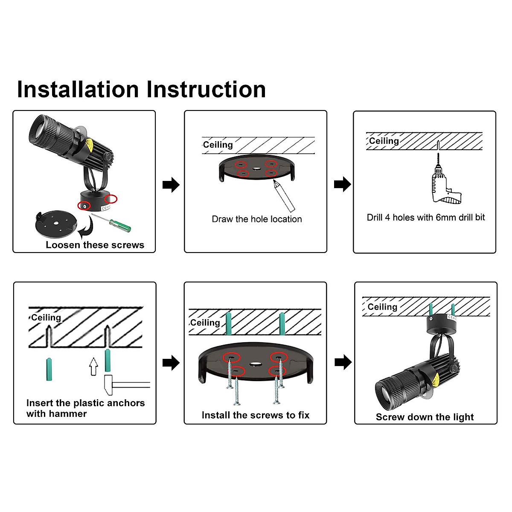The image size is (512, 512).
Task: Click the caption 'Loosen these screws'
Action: (95, 245)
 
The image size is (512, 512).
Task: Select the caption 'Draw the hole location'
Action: (257, 219)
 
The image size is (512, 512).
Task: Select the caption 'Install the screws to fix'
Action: (256, 415)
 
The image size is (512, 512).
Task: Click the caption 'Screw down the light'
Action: (425, 417)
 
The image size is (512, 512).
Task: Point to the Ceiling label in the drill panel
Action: (384, 141)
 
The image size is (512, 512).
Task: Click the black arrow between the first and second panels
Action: (171, 185)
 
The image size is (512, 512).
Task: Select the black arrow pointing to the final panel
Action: (343, 363)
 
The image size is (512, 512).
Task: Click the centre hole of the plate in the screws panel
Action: (256, 365)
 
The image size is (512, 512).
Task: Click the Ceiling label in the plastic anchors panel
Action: (46, 317)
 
